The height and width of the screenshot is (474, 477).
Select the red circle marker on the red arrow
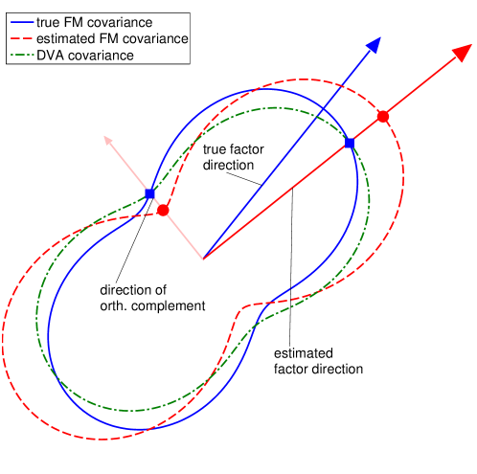point(382,116)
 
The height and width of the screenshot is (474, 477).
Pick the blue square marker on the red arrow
point(349,143)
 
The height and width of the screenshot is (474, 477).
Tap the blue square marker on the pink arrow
point(149,194)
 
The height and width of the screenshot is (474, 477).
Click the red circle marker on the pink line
point(163,210)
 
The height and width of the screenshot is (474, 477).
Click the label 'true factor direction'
point(236,155)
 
